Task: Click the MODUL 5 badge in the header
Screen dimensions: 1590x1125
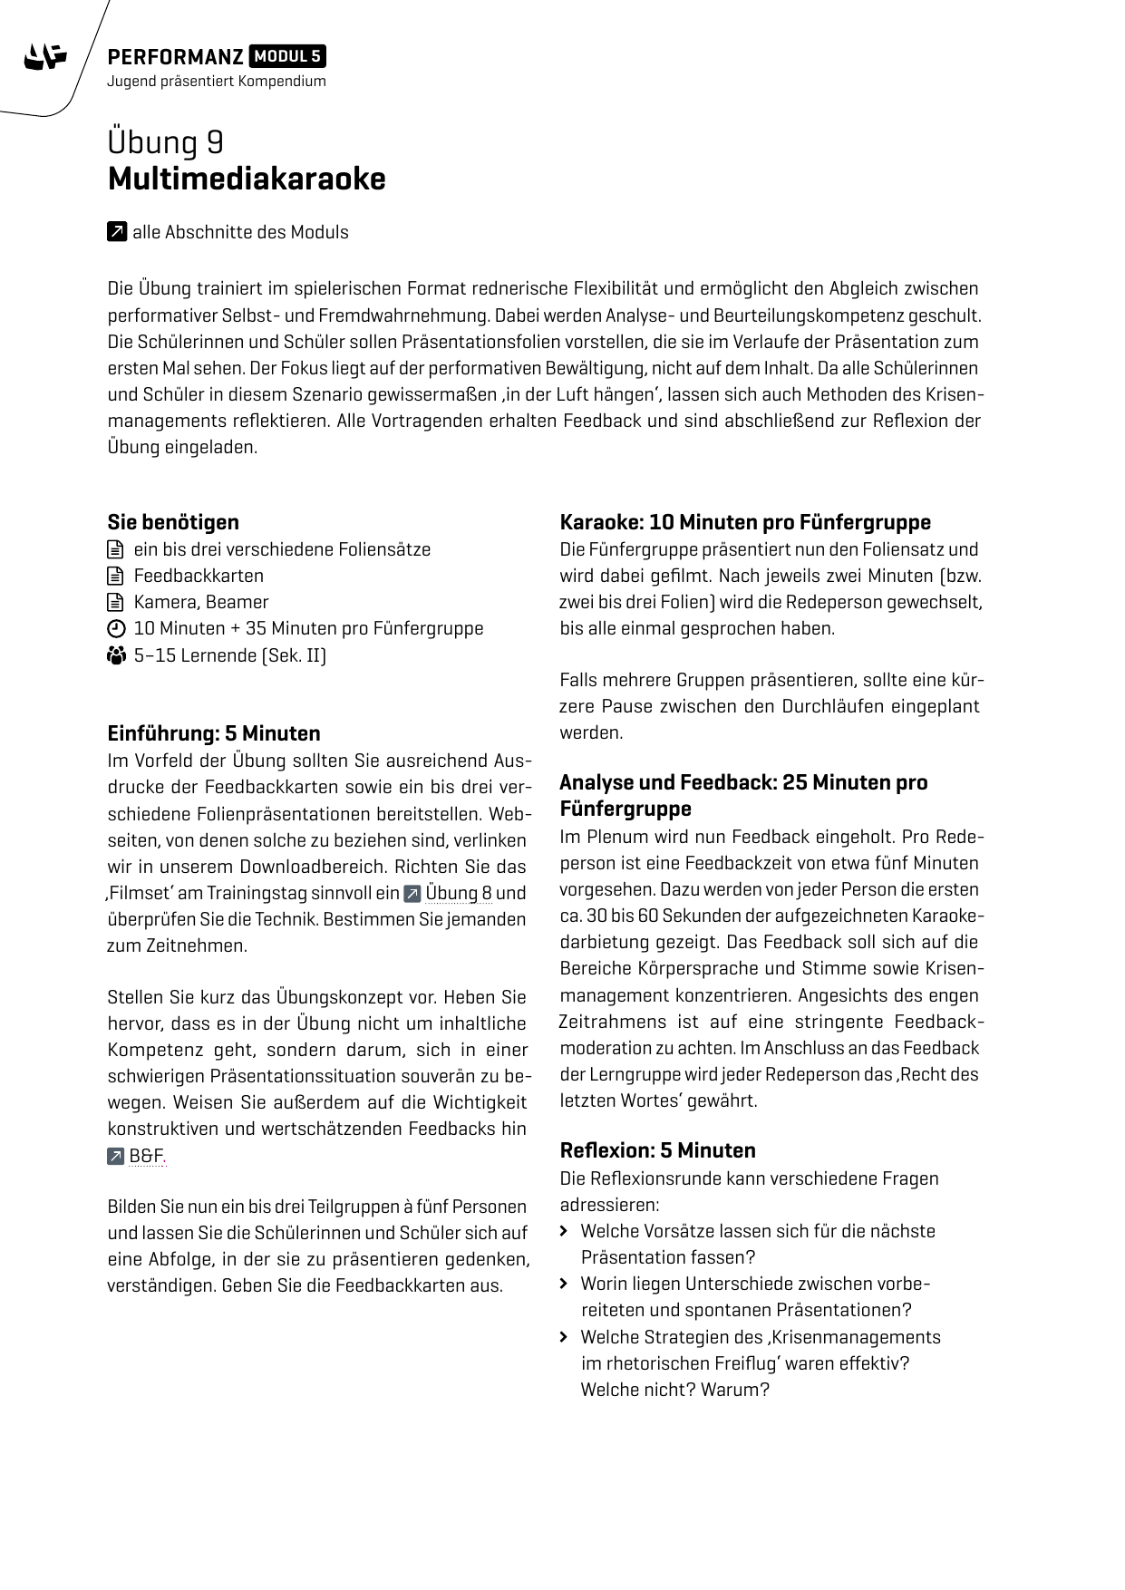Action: (x=287, y=57)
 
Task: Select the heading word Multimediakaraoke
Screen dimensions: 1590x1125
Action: (x=247, y=179)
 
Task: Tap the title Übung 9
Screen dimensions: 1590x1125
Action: (x=166, y=142)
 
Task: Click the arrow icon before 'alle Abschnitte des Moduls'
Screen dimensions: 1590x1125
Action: (x=116, y=232)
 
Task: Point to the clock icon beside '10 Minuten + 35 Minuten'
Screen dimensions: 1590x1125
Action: (x=116, y=628)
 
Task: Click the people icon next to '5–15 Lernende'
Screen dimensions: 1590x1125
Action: (x=116, y=655)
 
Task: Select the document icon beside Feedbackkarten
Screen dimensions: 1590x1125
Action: (x=116, y=576)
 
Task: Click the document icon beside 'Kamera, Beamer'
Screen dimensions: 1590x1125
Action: (x=116, y=602)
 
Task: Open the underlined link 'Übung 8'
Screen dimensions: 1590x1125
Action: (x=458, y=893)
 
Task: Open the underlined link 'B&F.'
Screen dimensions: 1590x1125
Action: (x=147, y=1156)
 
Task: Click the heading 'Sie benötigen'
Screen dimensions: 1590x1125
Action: (x=173, y=522)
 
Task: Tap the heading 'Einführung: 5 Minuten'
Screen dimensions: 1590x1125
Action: (x=214, y=733)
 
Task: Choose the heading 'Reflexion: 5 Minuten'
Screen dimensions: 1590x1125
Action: (x=657, y=1150)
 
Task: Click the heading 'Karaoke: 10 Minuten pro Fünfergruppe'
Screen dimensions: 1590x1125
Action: (x=745, y=522)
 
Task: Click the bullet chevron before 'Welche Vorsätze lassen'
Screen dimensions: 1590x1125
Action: (x=565, y=1231)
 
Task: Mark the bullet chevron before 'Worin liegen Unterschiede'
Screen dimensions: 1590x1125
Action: (x=565, y=1284)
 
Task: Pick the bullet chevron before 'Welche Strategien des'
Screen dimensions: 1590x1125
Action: (x=565, y=1337)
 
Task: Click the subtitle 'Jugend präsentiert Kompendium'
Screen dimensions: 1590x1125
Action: (x=217, y=82)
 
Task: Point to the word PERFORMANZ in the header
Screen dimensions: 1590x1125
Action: (x=175, y=58)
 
